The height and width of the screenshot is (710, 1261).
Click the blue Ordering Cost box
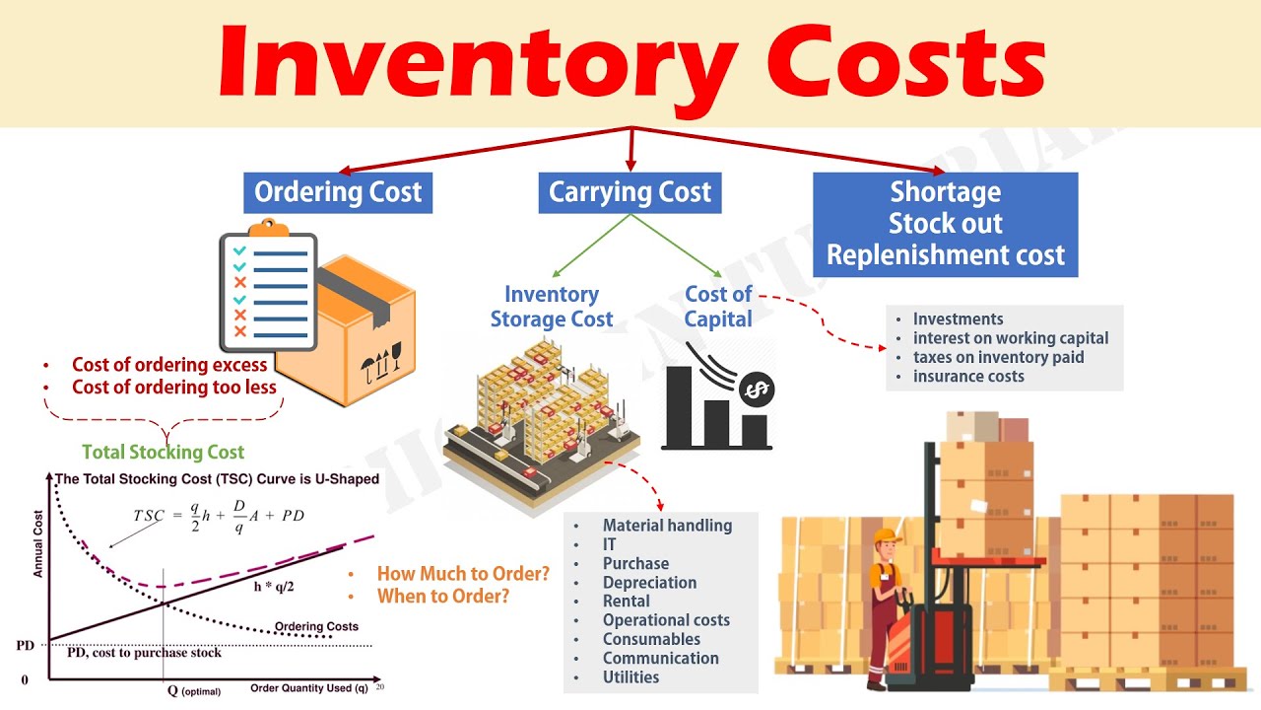(338, 192)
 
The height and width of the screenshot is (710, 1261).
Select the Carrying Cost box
(630, 192)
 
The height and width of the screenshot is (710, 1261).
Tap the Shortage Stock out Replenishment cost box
(945, 224)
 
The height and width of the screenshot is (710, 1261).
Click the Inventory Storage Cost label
(552, 307)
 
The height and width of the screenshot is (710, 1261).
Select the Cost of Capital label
(718, 307)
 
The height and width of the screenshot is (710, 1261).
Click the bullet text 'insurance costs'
(968, 376)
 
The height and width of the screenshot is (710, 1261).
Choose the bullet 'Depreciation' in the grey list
(649, 582)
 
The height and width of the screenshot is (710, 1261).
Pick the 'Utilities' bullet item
(630, 676)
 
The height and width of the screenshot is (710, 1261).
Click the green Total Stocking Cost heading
(163, 453)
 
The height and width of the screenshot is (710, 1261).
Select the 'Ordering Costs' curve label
(316, 626)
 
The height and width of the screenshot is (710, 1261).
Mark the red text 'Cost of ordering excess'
(169, 365)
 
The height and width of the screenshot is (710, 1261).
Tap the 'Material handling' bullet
(667, 526)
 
